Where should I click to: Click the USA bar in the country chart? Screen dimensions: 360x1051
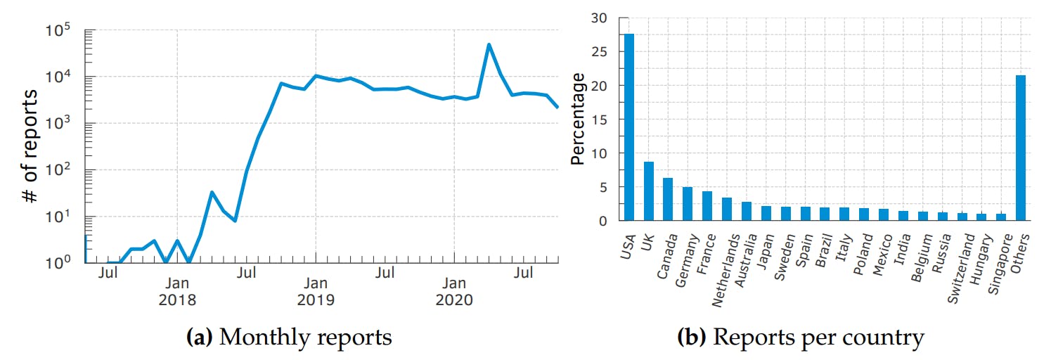coord(628,127)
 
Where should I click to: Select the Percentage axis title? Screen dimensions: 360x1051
coord(578,120)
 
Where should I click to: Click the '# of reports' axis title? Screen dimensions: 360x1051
coord(32,146)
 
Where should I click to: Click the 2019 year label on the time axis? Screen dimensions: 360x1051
coord(316,300)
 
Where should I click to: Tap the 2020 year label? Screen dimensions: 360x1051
coord(454,300)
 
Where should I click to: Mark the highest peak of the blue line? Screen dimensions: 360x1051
coord(489,45)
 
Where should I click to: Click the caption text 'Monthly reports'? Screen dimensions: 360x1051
coord(305,338)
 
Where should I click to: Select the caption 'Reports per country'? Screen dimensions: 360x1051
coord(818,338)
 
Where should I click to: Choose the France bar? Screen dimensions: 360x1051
coord(707,206)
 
